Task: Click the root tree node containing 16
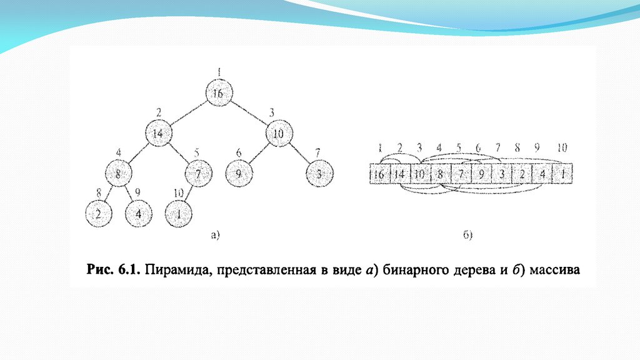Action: [217, 94]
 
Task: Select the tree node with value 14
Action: [159, 134]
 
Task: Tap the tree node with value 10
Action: [279, 134]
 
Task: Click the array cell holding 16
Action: [380, 175]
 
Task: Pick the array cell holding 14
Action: [400, 175]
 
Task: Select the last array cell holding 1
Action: [562, 175]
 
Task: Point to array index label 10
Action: [562, 148]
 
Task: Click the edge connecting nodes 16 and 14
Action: [188, 114]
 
